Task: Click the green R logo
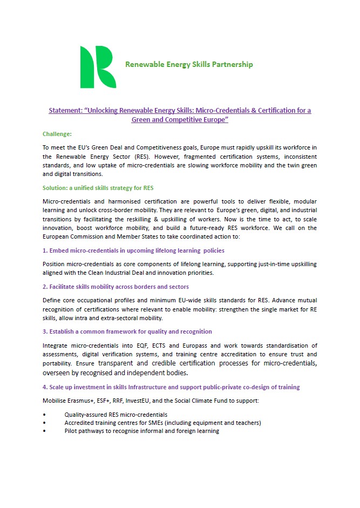[98, 67]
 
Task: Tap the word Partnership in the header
[231, 65]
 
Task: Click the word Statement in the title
[65, 110]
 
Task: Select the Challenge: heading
[57, 133]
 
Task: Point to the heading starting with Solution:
[98, 188]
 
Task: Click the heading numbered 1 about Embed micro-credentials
[133, 250]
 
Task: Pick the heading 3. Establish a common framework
[127, 331]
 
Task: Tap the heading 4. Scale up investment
[171, 387]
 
